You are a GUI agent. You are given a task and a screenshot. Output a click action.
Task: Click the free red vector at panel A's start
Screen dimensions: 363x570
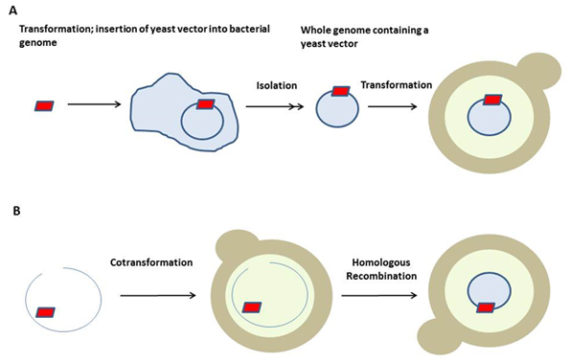click(46, 103)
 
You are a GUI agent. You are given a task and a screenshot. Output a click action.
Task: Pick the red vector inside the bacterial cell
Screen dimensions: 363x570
click(205, 103)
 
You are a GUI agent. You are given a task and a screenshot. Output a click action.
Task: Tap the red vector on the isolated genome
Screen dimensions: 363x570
click(341, 92)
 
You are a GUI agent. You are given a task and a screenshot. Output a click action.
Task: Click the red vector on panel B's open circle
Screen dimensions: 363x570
click(46, 311)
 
